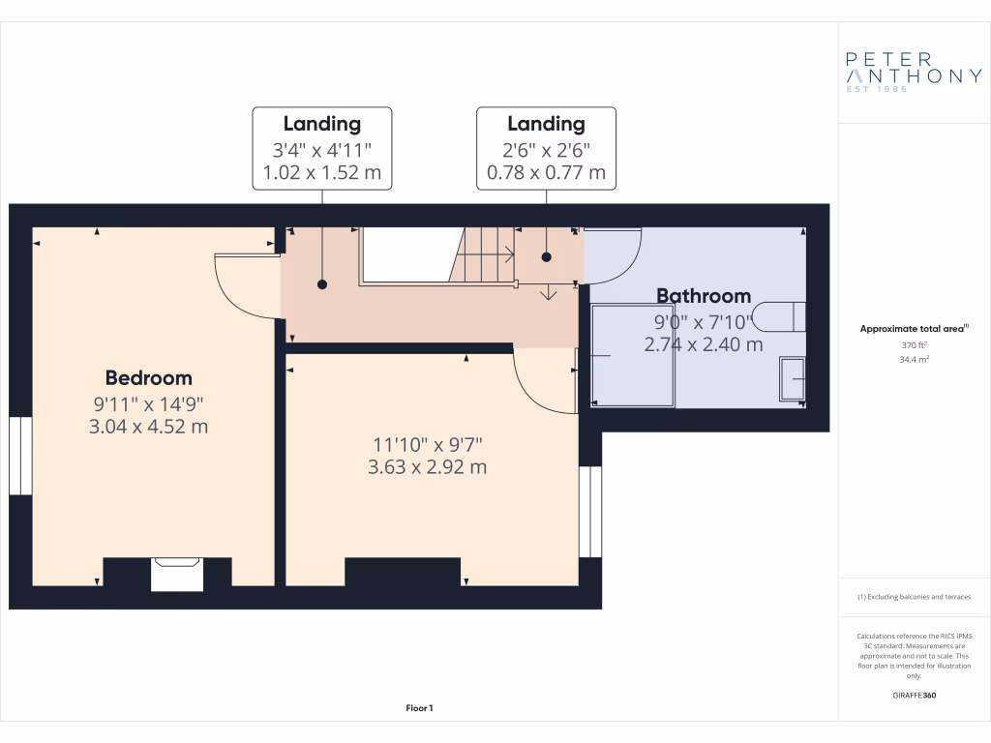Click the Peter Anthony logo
point(914,73)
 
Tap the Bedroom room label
point(148,378)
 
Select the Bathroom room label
point(704,296)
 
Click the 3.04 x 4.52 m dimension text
point(148,426)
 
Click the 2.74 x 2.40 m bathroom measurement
point(704,343)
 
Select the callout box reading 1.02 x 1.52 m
point(322,149)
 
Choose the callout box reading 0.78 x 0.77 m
point(546,149)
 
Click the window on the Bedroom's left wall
point(20,456)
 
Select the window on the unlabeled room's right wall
point(590,513)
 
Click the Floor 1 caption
point(419,709)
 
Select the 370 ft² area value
point(914,344)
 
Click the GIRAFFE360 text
point(914,696)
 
